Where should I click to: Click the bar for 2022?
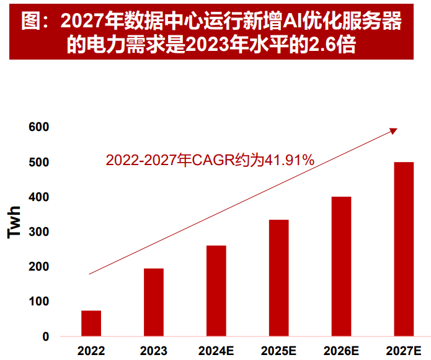(91, 323)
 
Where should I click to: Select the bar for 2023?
(154, 302)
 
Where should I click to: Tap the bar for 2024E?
(216, 291)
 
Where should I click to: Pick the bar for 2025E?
(278, 278)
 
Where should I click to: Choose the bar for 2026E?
(341, 266)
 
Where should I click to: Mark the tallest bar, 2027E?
(404, 249)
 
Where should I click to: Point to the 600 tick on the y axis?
(38, 127)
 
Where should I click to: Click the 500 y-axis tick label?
(38, 162)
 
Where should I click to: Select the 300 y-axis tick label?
(38, 232)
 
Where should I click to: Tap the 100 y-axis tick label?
(38, 302)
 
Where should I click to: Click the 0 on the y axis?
(45, 336)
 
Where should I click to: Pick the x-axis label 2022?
(91, 351)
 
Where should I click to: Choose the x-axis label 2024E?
(216, 351)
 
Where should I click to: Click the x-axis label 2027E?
(404, 351)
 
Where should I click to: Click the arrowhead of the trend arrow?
(393, 130)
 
